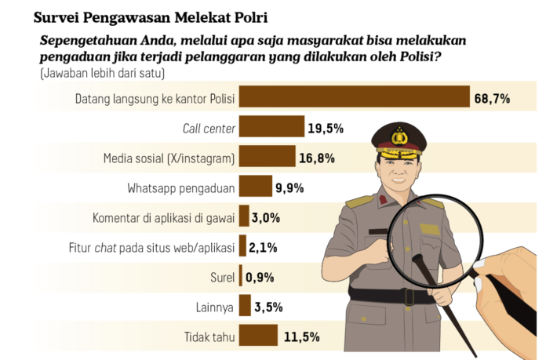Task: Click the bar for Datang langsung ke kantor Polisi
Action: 353,97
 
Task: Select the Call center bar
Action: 271,127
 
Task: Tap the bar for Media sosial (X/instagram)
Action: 267,157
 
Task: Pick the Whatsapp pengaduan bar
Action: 255,187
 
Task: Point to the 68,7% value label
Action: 492,98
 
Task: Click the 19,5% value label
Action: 325,128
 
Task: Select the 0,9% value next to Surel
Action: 260,277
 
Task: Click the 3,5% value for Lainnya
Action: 268,307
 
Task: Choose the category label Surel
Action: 223,277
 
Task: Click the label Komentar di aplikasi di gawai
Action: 163,217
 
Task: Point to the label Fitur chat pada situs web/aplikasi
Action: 147,247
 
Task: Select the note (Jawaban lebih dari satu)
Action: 96,74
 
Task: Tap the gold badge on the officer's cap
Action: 400,137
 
